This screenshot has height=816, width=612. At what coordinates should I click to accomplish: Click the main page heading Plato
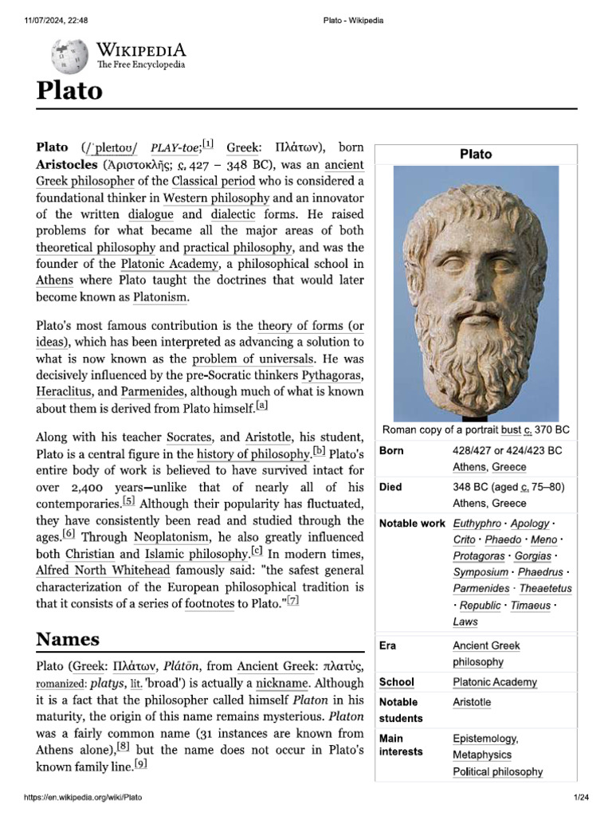coord(69,90)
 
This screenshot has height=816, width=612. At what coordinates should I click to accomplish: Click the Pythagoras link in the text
coord(332,375)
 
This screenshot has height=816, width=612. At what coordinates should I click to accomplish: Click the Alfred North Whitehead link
coord(103,571)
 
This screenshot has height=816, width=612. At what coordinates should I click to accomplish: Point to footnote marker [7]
coord(292,602)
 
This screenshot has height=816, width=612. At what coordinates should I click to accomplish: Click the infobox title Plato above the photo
coord(476,154)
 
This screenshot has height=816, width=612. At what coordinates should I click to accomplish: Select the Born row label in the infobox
coord(391,451)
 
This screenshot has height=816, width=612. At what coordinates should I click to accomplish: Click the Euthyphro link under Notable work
coord(477,524)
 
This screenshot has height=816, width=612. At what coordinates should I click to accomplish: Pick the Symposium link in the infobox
coord(481,573)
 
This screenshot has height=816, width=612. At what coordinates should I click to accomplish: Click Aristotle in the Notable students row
coord(472,703)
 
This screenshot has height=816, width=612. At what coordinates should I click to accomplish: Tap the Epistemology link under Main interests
coord(485,739)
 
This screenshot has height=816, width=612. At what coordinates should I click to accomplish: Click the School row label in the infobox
coord(396,683)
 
